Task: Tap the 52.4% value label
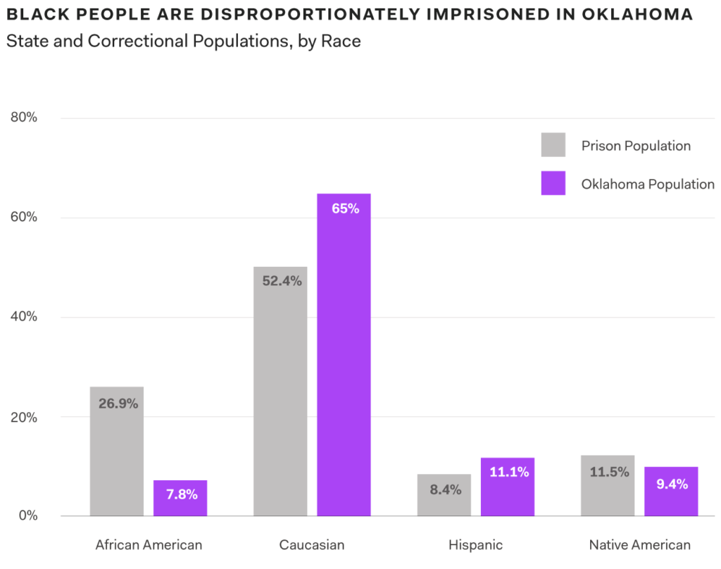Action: coord(281,281)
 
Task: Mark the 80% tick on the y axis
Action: coord(24,118)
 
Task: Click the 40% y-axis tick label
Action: coord(24,317)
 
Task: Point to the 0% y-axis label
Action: coord(27,515)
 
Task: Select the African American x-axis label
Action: coord(149,545)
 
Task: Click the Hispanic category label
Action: coord(475,545)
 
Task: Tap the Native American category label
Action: coord(639,545)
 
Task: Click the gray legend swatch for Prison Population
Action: coord(553,145)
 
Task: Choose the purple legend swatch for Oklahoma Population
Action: coord(553,184)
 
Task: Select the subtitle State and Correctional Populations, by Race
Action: coord(183,41)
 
